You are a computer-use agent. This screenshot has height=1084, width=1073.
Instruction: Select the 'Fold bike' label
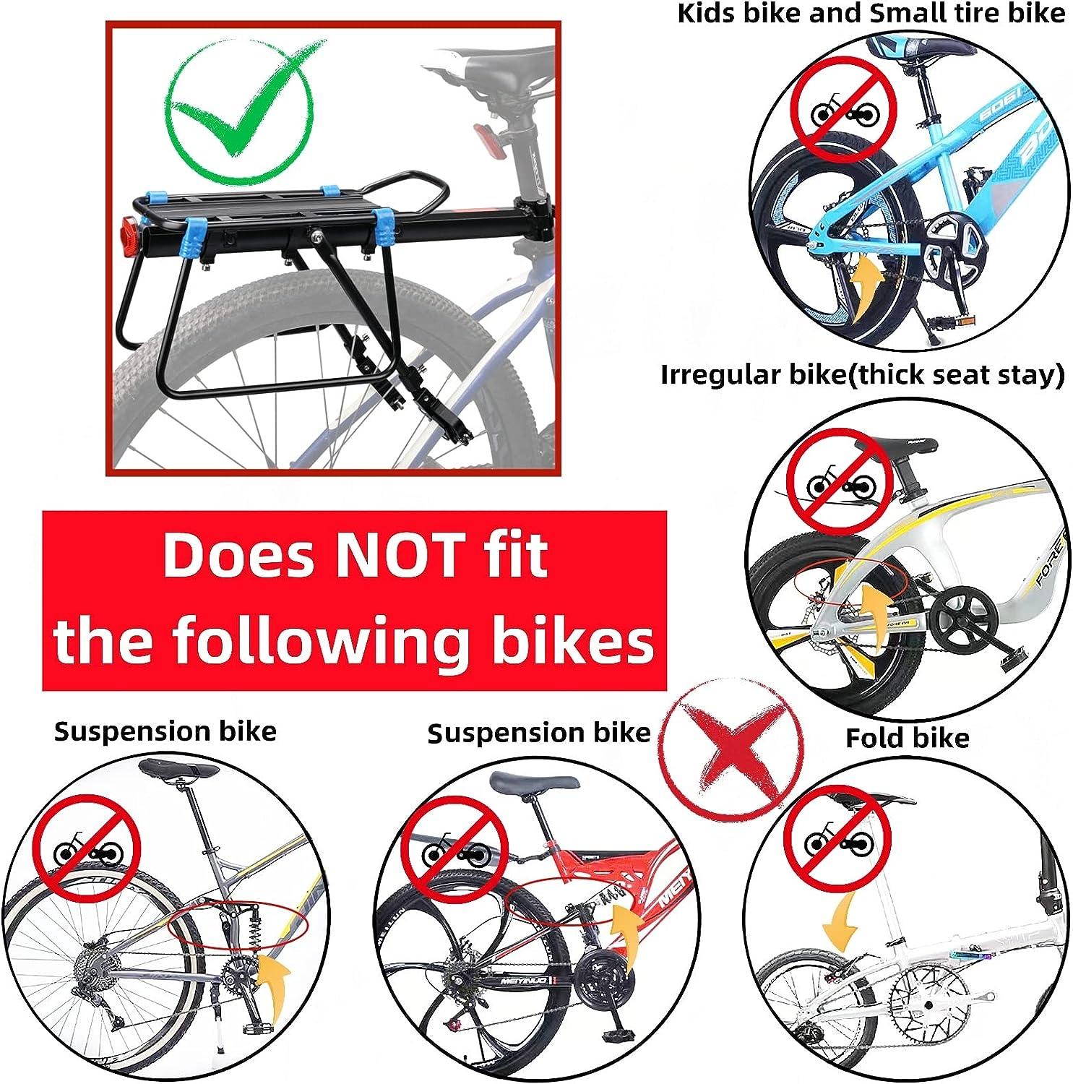click(x=907, y=738)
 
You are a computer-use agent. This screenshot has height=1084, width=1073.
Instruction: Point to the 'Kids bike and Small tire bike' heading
click(x=871, y=13)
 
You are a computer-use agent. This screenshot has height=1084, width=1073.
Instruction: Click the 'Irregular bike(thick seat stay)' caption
click(x=862, y=375)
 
